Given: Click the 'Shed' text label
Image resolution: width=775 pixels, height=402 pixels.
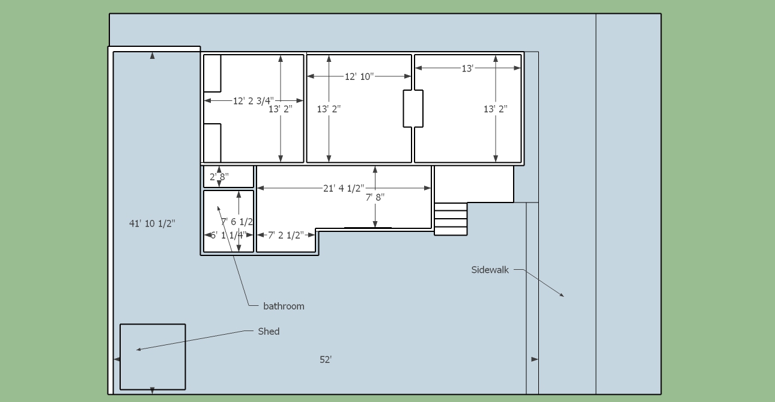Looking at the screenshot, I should [269, 331].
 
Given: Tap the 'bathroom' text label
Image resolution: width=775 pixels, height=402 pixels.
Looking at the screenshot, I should [284, 306].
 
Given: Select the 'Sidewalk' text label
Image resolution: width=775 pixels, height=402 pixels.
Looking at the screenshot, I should [490, 270].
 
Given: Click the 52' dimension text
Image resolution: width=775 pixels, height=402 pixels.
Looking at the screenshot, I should [326, 359].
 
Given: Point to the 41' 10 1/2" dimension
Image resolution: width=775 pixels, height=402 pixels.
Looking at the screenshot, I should [152, 224].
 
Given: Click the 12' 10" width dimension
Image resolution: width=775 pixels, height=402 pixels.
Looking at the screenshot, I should [359, 76].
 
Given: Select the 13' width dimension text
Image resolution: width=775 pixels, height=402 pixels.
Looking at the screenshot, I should [467, 69].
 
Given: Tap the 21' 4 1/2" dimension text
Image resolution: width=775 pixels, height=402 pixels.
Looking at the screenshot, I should [344, 188].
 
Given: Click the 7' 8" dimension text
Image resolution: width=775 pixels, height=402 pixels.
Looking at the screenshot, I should [375, 196].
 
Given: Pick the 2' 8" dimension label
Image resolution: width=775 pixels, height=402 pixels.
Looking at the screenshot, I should [219, 177].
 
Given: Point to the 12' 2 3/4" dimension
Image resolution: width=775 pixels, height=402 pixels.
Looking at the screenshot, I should [253, 101].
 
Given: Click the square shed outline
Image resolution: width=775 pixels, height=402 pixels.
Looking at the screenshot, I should [153, 357].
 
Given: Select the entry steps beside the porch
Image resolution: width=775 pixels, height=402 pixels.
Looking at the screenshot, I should [451, 219].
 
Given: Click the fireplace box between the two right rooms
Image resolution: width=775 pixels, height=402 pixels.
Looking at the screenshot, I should [413, 109].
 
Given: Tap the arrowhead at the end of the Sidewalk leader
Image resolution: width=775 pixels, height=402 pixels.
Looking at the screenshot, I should [562, 295].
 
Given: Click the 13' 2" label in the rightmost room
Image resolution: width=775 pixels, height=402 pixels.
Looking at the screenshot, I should [496, 109].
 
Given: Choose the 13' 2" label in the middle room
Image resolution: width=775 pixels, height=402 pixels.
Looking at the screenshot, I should [329, 109].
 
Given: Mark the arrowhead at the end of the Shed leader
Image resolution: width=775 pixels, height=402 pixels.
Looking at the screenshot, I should [138, 349].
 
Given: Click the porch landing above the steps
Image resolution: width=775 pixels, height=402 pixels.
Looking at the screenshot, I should [473, 184].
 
